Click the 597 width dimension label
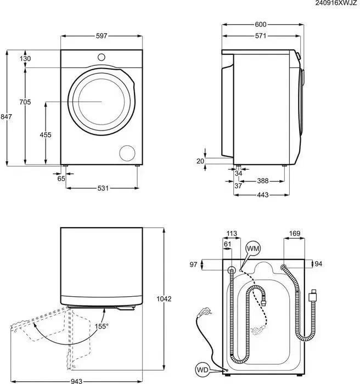click(x=101, y=36)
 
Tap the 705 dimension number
click(x=25, y=102)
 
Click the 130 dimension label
click(x=25, y=59)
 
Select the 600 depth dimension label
click(x=261, y=25)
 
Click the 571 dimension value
click(x=261, y=36)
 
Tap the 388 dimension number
click(x=262, y=180)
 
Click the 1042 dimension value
click(x=164, y=299)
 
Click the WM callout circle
click(x=253, y=250)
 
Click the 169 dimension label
click(x=295, y=234)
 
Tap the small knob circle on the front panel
click(x=101, y=56)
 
